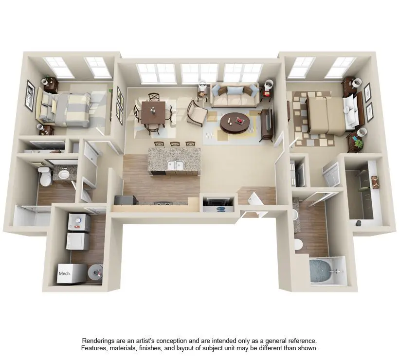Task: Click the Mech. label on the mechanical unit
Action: click(64, 273)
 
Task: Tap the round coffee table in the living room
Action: click(235, 124)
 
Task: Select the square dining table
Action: click(153, 112)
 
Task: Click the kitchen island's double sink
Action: click(176, 165)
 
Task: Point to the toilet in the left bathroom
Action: click(46, 176)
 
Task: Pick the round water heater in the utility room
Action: click(95, 272)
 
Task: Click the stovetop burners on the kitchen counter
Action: click(163, 203)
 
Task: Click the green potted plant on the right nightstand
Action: click(358, 144)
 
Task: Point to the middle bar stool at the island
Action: click(175, 144)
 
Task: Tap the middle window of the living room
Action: click(200, 73)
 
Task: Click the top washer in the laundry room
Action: click(79, 222)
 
